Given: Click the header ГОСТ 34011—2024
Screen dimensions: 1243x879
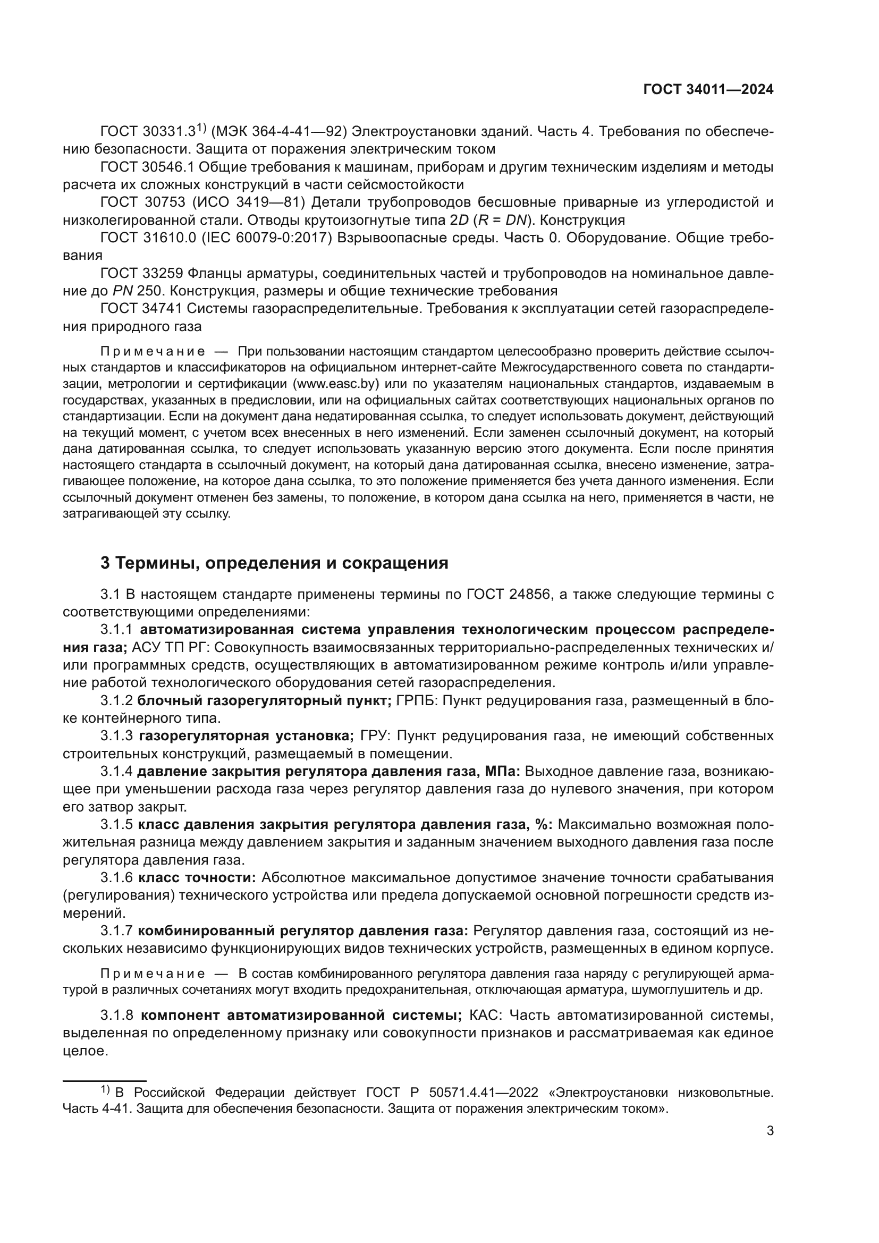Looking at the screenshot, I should click(708, 90).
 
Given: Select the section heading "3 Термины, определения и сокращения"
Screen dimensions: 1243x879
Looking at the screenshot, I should click(274, 563).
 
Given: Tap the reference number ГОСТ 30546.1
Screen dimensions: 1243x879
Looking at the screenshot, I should click(147, 167).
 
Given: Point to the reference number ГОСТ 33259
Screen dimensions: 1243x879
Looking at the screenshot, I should click(141, 273).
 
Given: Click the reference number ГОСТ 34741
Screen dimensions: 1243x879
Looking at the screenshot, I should click(141, 309).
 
